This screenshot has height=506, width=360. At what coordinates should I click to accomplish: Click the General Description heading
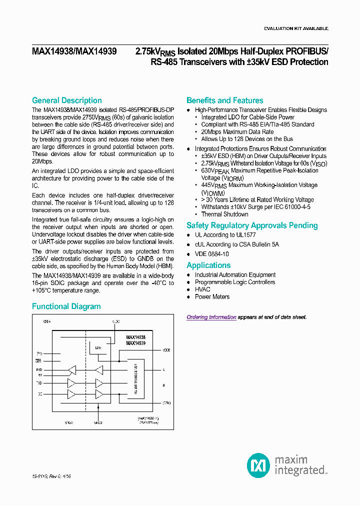click(66, 100)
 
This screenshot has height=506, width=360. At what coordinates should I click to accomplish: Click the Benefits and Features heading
click(224, 100)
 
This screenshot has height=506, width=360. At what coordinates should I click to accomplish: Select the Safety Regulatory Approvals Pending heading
click(252, 225)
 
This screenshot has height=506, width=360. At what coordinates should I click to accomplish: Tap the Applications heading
click(208, 265)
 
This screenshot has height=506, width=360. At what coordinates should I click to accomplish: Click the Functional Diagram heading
click(66, 306)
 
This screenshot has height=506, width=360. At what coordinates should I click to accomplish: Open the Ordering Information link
click(211, 317)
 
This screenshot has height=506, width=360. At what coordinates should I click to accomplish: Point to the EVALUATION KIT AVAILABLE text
click(296, 28)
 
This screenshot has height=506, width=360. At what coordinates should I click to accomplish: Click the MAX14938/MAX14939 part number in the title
click(74, 51)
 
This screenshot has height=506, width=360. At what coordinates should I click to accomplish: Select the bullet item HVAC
click(202, 289)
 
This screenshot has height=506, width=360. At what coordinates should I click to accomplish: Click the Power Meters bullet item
click(212, 297)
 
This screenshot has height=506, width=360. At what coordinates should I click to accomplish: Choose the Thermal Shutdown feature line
click(224, 214)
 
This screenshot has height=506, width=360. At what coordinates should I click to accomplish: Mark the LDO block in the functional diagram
click(96, 346)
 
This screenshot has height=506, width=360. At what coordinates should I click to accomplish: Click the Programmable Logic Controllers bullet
click(234, 282)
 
